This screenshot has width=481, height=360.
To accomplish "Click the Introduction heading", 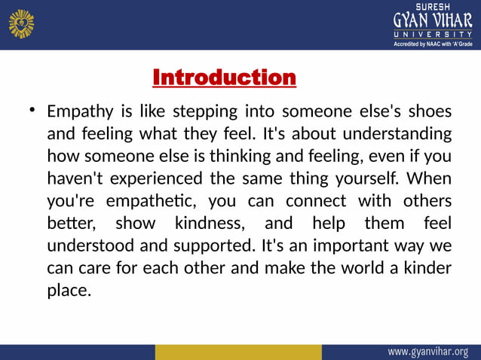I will coord(224,78).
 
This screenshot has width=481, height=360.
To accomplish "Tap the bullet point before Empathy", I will coord(32,111).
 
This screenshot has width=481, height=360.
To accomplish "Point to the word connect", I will coord(312,202).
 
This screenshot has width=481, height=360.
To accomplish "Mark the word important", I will coord(352,246).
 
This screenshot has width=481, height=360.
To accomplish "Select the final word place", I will coord(69,291).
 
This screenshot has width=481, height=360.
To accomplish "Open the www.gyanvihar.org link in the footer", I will coord(427,352).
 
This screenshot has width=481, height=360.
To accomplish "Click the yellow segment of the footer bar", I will coord(237,352).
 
